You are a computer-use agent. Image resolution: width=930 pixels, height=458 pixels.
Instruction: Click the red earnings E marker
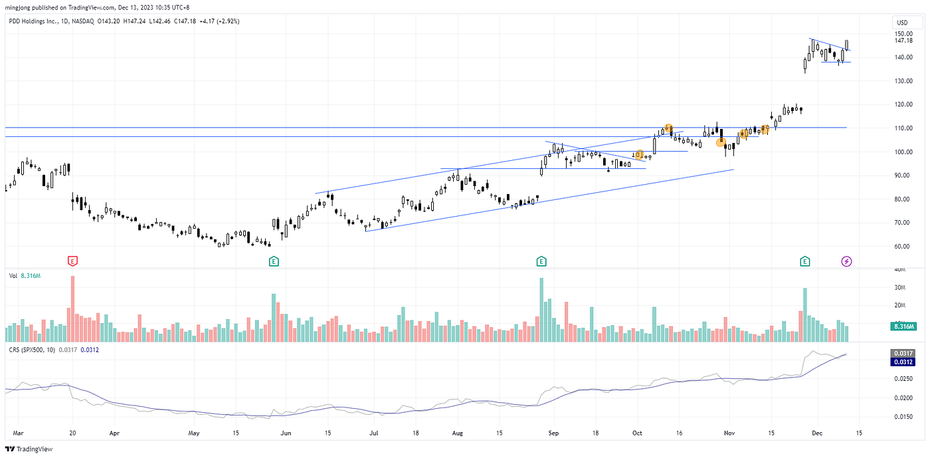(72, 261)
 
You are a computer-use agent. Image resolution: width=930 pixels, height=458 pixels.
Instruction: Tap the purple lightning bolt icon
(846, 261)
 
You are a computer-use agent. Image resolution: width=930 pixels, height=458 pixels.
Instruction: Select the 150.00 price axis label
(903, 34)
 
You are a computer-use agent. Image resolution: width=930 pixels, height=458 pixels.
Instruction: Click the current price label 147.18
(903, 41)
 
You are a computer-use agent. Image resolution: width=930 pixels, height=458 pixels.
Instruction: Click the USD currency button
(902, 23)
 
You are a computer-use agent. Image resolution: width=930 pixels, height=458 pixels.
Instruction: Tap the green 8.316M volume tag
(903, 326)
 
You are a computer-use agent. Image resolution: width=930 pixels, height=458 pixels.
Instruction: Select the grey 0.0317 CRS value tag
(903, 353)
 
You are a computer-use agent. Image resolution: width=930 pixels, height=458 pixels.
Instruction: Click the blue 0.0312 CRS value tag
(903, 362)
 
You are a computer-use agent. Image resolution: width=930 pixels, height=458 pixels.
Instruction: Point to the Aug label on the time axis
(458, 433)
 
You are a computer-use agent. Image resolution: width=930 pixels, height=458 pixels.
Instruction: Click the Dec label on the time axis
(817, 433)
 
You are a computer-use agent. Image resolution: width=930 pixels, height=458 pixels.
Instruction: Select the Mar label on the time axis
(19, 433)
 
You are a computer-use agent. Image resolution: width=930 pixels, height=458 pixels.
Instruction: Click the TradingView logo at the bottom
(29, 449)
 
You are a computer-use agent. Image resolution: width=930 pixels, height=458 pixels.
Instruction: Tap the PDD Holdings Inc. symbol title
(33, 21)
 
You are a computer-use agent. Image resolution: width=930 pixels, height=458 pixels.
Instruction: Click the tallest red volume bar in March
(72, 309)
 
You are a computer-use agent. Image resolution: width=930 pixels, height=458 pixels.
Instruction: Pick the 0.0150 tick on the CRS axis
(903, 417)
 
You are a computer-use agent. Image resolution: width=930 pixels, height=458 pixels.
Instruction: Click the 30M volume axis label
(899, 288)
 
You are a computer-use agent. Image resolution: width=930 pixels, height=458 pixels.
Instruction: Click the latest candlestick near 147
(846, 45)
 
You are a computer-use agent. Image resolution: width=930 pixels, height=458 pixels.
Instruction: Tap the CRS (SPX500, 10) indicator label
(32, 350)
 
